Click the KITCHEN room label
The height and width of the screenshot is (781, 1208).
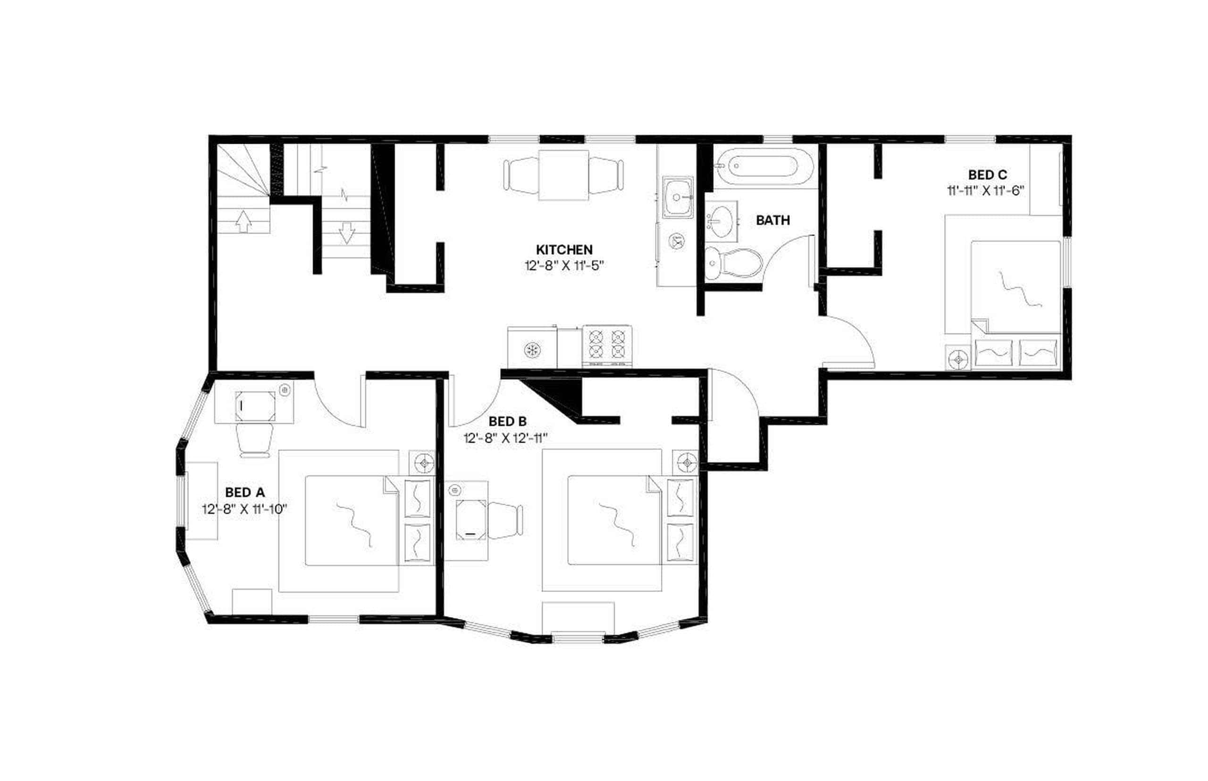(x=564, y=249)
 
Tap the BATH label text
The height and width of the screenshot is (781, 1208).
(x=772, y=220)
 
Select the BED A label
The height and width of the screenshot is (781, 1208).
(x=244, y=492)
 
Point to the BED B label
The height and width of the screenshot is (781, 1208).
(x=507, y=421)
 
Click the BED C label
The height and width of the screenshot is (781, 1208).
(x=987, y=175)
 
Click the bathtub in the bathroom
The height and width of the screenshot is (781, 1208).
(x=765, y=166)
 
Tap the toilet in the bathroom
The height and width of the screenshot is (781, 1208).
(x=733, y=263)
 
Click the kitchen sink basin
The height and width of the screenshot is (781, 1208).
(x=678, y=197)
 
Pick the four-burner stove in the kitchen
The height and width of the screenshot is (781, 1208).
(x=606, y=344)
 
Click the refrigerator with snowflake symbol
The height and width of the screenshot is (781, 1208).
(x=532, y=349)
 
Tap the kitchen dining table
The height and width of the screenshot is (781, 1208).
(x=563, y=175)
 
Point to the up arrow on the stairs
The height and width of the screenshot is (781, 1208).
(x=243, y=221)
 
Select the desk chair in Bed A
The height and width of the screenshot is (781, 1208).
(x=255, y=440)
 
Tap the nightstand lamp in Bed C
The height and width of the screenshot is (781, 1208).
(x=957, y=358)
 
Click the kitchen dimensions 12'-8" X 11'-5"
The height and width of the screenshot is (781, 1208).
(x=564, y=265)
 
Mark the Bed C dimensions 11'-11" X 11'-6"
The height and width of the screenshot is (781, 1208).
(x=986, y=191)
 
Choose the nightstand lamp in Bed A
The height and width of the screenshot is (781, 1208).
(x=423, y=463)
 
